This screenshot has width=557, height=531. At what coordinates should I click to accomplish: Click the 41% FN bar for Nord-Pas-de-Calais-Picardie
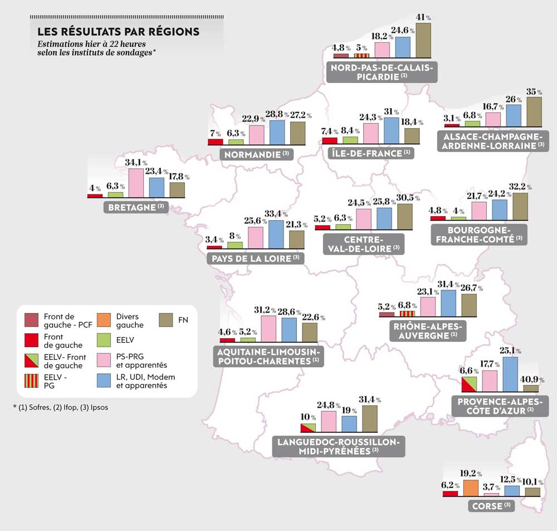point(423,40)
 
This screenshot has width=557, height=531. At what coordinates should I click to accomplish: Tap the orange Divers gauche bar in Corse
point(471,488)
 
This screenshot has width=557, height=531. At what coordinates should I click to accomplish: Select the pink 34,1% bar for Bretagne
point(136,183)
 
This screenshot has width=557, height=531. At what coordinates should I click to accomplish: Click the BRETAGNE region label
point(135,208)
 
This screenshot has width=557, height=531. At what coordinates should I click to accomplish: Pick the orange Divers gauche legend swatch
point(104,320)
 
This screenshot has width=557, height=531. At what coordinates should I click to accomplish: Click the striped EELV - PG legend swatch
point(32,381)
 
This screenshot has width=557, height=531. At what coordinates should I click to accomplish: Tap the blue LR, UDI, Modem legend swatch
point(104,381)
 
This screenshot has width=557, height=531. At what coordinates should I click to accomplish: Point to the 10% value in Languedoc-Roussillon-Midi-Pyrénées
point(306,417)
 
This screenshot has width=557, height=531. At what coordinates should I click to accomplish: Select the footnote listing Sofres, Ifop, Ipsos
point(61,407)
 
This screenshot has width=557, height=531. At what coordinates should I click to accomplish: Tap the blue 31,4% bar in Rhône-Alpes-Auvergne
point(448,303)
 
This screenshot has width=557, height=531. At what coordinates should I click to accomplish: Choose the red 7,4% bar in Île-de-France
point(330,141)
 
